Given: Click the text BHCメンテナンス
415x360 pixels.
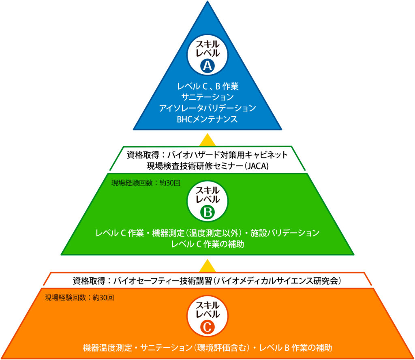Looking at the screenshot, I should pos(207,119).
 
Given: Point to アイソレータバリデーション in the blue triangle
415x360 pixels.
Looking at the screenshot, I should pos(207,108).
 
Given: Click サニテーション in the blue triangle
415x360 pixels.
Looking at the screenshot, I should pos(207,97).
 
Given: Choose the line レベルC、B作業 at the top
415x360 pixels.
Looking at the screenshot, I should pos(207,86).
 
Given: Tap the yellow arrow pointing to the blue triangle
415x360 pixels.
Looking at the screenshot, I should pos(207,139).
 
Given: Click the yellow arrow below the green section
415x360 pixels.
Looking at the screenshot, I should pos(207,266).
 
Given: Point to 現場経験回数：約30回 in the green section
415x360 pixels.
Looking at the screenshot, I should pos(145,182).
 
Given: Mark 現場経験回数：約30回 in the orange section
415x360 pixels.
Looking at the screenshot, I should pos(79,298).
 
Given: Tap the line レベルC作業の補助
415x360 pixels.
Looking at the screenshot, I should pos(207,244).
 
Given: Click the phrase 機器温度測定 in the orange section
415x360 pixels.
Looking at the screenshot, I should pos(106,348).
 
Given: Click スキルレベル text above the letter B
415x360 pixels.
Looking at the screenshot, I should pos(207,195).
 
